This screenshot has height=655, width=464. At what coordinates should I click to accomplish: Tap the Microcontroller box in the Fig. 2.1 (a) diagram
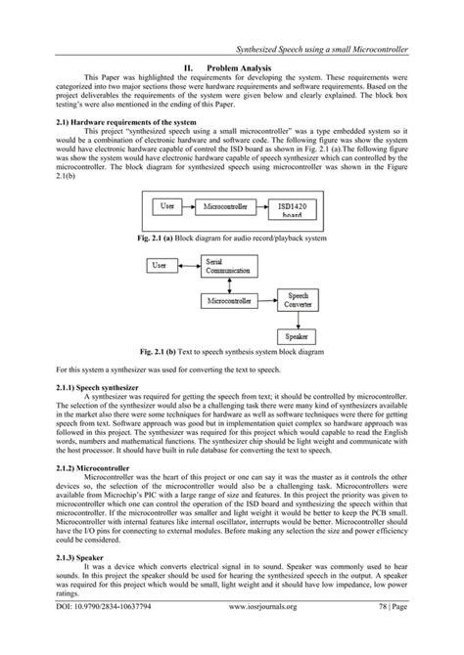pyautogui.click(x=230, y=206)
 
